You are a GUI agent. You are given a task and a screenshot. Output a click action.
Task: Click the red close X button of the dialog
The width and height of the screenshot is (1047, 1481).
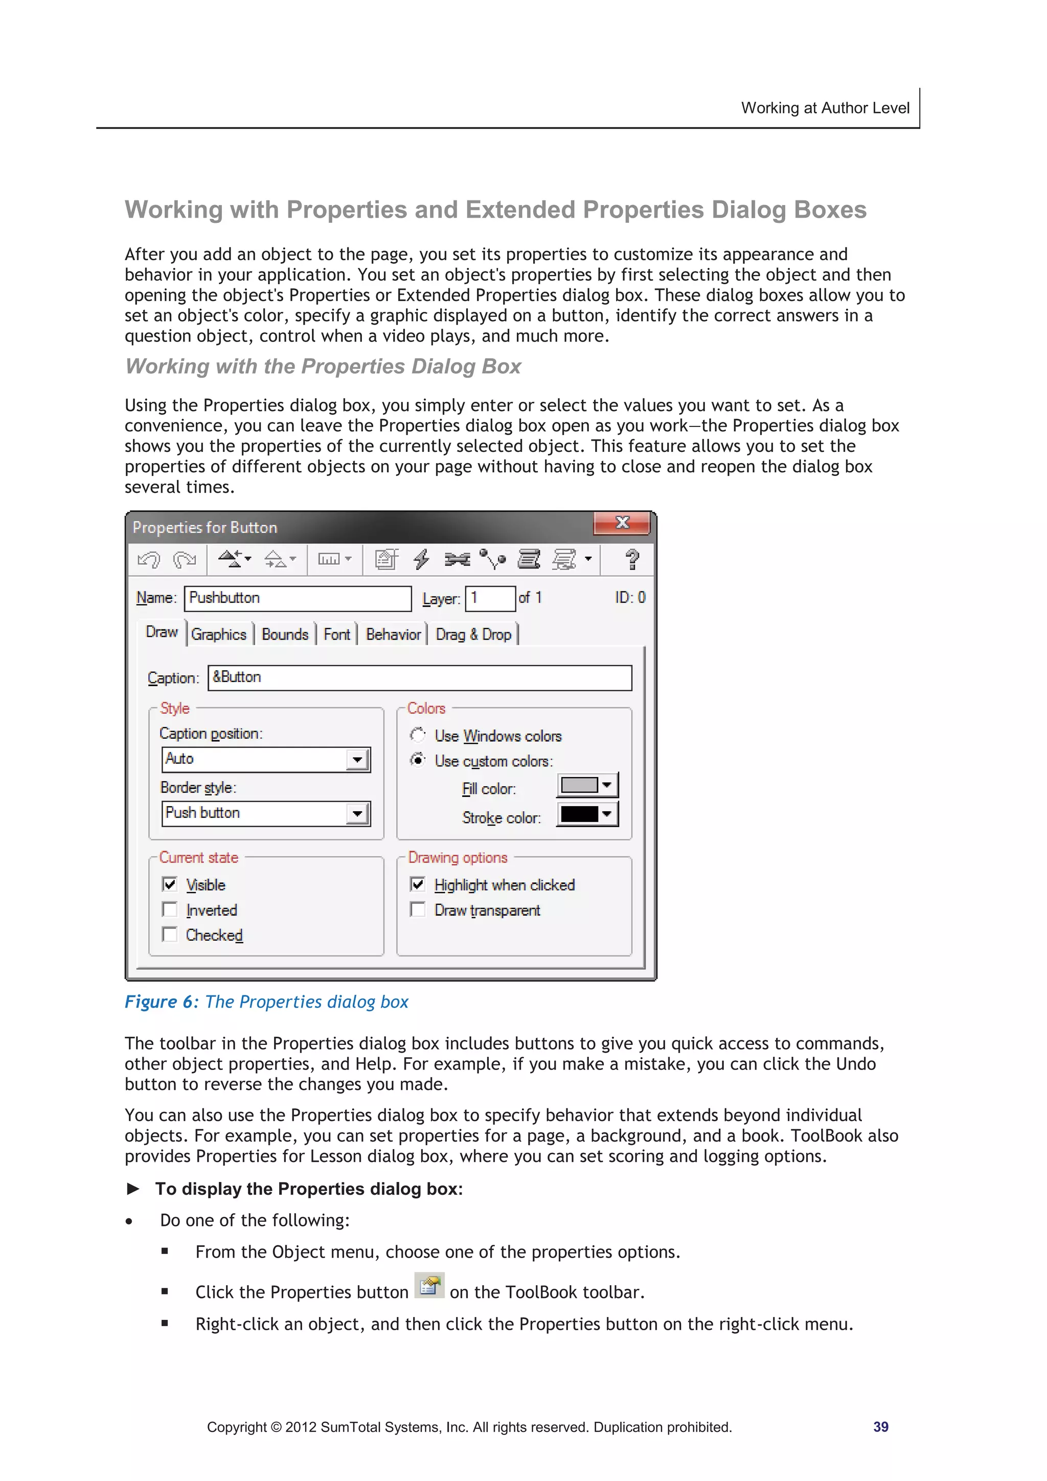[621, 523]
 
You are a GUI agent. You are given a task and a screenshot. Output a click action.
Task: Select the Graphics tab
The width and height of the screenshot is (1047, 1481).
[219, 635]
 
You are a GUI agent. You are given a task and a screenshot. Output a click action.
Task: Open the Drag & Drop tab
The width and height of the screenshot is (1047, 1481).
[473, 635]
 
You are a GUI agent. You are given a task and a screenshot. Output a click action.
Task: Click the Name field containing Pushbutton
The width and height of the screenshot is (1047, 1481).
[298, 598]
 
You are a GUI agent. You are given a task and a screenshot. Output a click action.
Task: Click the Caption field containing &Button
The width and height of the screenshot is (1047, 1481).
[419, 677]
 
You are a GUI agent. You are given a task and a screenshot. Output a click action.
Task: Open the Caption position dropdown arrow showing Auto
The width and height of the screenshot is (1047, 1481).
[357, 759]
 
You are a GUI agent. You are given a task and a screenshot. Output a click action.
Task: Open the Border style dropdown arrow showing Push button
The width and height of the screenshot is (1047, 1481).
[357, 813]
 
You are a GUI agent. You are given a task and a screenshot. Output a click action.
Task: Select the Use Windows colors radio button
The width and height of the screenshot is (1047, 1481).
[418, 735]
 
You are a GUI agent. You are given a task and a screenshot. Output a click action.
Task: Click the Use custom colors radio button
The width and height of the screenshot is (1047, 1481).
[418, 760]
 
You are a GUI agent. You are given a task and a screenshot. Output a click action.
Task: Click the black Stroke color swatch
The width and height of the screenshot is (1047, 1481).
[579, 814]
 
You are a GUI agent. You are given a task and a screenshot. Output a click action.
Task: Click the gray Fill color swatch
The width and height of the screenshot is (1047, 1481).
[579, 785]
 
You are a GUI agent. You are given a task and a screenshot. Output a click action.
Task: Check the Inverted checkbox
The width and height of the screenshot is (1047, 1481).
[170, 909]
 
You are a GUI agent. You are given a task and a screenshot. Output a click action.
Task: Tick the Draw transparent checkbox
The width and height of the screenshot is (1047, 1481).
[418, 909]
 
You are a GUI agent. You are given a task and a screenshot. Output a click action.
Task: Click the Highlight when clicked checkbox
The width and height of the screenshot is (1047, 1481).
[418, 884]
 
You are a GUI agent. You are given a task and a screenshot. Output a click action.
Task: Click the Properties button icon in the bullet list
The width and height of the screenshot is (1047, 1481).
[429, 1286]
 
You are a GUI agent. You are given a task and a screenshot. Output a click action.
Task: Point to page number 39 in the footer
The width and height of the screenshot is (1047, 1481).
[880, 1427]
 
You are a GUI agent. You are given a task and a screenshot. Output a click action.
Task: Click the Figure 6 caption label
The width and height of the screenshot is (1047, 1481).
[161, 1002]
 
